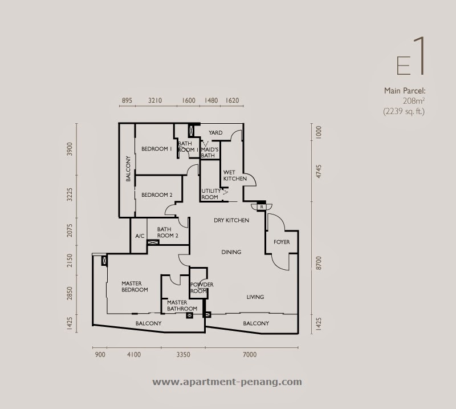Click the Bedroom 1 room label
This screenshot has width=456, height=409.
156,149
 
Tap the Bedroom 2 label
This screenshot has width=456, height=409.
157,195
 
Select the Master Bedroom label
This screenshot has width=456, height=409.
135,286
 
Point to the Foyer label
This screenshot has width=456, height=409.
282,242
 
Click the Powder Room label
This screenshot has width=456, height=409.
202,287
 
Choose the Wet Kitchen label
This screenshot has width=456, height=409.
235,176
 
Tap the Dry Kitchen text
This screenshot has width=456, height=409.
231,220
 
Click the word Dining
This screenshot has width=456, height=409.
231,252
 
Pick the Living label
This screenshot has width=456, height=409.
255,297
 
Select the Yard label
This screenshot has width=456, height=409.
215,133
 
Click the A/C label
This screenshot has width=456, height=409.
140,236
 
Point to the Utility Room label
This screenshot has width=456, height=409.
211,194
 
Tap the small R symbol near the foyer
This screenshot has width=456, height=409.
262,206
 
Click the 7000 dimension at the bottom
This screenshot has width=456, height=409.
250,355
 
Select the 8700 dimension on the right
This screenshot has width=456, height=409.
319,263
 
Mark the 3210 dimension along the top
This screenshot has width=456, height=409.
155,100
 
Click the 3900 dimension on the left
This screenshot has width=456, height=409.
70,149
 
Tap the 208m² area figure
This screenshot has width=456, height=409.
414,101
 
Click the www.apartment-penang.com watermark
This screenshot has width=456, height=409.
227,382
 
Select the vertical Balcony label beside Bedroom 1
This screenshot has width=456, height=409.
128,169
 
